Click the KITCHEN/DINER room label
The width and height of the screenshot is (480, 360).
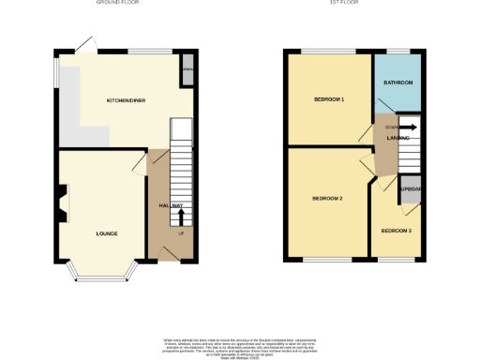click(125, 99)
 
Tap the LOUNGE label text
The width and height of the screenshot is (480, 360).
click(105, 232)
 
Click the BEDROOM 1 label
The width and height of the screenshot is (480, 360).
click(329, 98)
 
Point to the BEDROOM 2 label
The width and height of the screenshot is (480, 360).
click(327, 199)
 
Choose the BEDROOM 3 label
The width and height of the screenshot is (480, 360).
click(396, 230)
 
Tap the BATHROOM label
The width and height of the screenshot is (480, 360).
click(397, 82)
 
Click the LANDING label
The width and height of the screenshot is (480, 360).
click(397, 138)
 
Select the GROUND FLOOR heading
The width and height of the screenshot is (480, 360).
click(117, 3)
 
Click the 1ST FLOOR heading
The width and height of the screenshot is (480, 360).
click(353, 3)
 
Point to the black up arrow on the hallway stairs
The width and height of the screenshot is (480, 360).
click(181, 216)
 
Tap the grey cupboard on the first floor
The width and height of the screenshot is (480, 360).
click(410, 189)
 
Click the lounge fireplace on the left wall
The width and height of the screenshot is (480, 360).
click(62, 203)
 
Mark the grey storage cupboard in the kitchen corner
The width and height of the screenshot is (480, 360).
click(187, 72)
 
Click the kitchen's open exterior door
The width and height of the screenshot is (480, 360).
click(84, 43)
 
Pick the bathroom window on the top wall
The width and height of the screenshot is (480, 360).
click(397, 50)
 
